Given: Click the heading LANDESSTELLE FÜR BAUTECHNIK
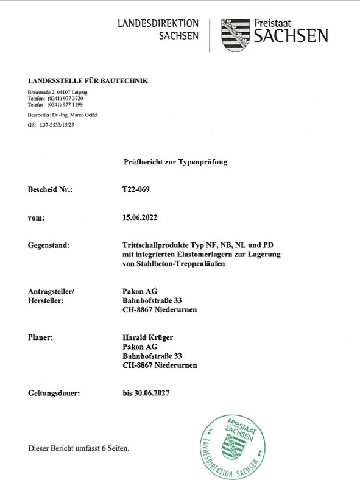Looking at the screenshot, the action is [x=88, y=81].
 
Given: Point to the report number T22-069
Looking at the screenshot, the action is [x=136, y=189].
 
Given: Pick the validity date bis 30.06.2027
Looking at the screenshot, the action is [x=146, y=394].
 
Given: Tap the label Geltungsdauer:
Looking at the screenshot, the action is [x=54, y=394].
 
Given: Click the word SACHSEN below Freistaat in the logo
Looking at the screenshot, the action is [x=291, y=37].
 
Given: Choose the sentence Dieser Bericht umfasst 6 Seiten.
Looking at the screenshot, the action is [x=79, y=449].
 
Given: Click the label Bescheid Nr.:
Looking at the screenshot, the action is [x=51, y=189].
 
